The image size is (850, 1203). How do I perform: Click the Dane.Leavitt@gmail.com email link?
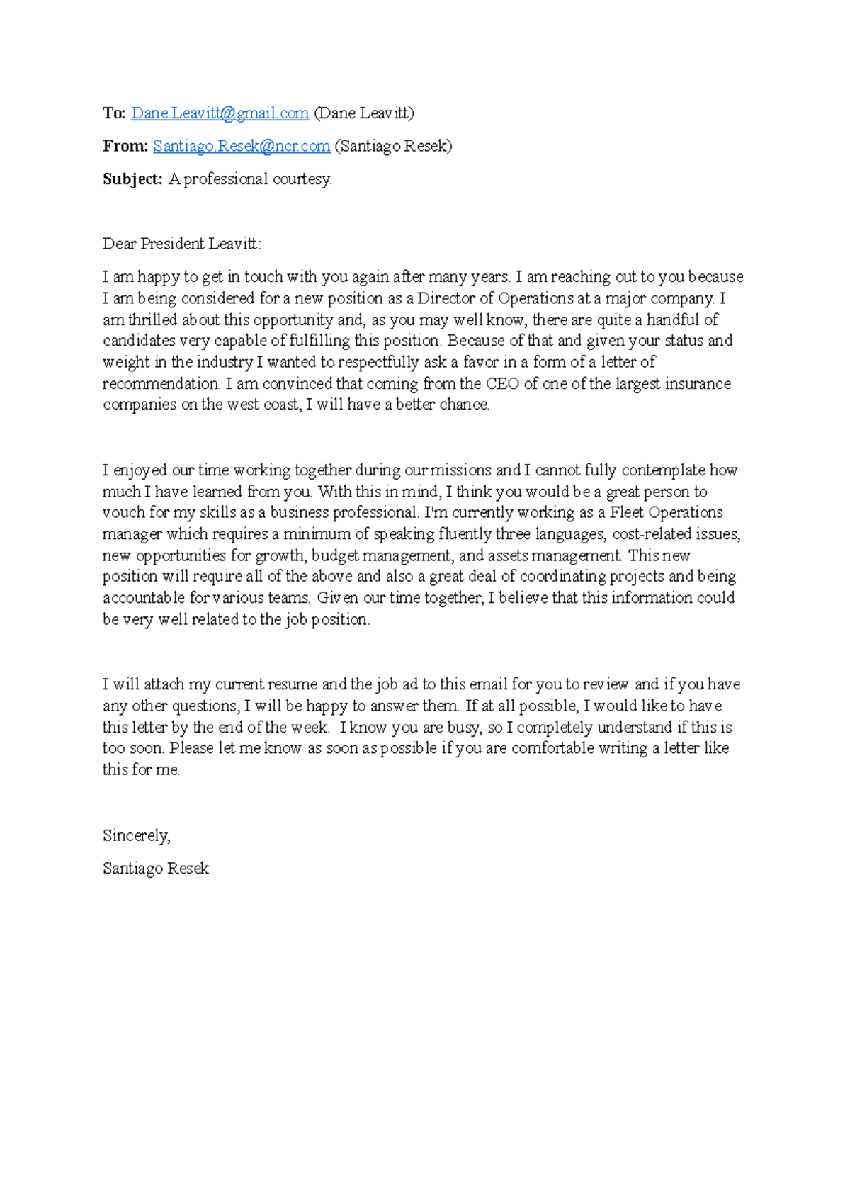220,113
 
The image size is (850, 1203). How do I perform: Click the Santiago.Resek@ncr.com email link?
242,146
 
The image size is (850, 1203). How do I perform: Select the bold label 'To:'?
114,113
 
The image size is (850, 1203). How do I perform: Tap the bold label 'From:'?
125,146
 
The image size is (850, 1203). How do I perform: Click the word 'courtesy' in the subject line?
302,179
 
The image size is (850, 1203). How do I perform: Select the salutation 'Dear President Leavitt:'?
182,244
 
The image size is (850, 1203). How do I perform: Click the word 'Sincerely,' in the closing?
137,836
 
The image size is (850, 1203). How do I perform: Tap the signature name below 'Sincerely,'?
156,869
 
